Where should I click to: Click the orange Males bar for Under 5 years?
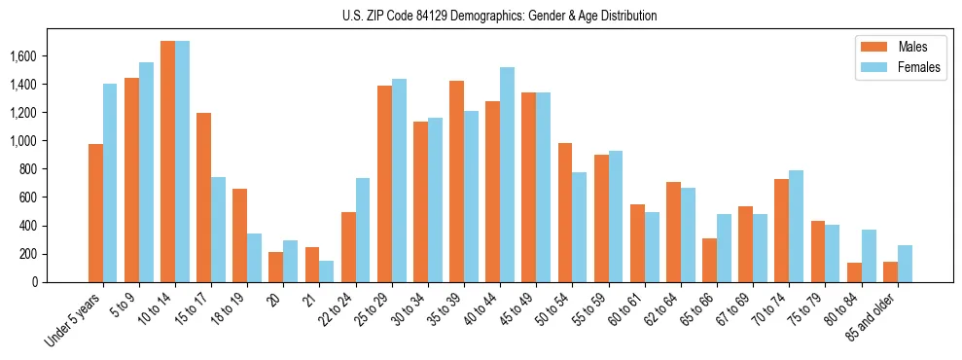click(x=95, y=213)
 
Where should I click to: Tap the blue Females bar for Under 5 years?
click(x=110, y=183)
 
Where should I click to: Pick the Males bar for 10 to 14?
click(x=167, y=162)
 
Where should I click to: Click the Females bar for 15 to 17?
click(x=218, y=230)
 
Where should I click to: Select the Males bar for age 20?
click(x=276, y=267)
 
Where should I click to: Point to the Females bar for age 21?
click(x=327, y=271)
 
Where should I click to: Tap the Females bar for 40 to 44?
click(x=507, y=175)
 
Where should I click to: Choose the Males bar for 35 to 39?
click(x=456, y=181)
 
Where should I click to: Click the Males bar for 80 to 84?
click(x=854, y=272)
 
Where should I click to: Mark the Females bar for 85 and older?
click(x=905, y=264)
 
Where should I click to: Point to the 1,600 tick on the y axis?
click(x=37, y=56)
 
